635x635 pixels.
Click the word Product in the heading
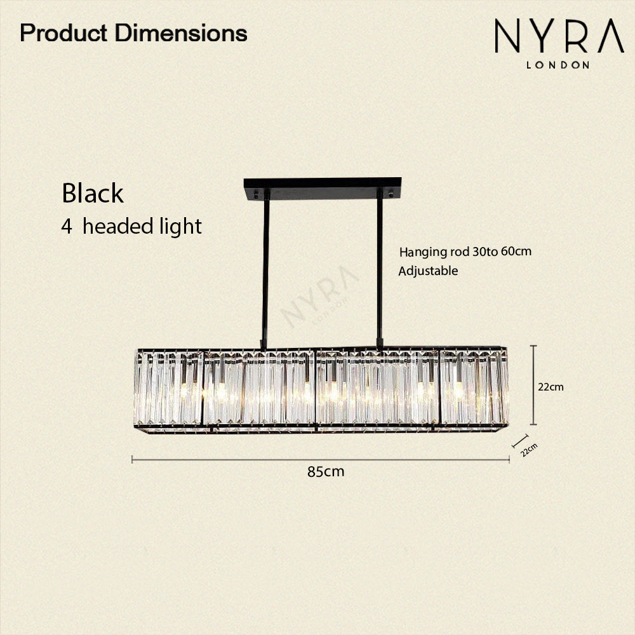coord(63,33)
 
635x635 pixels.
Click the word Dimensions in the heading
coord(181,33)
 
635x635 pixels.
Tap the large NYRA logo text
coord(559,36)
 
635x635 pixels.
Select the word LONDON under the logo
coord(558,65)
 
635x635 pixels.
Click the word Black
coord(92,193)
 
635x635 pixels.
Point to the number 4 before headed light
coord(67,227)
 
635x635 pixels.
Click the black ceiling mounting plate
coord(323,189)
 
